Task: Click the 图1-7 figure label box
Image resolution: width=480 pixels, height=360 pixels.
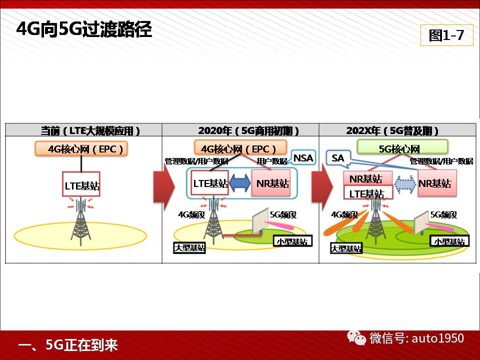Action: pyautogui.click(x=446, y=35)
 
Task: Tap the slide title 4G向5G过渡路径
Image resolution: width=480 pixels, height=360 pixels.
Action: pyautogui.click(x=84, y=29)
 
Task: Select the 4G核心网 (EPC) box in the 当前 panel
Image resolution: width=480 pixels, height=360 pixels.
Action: pyautogui.click(x=81, y=149)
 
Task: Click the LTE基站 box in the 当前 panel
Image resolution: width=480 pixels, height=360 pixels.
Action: pyautogui.click(x=81, y=184)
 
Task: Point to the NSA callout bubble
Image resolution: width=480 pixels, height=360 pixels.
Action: pyautogui.click(x=303, y=158)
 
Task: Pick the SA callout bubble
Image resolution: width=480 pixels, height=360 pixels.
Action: pyautogui.click(x=338, y=158)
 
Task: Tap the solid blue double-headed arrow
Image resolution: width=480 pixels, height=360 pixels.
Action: pyautogui.click(x=240, y=183)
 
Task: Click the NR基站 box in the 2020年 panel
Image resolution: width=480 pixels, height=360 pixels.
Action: pyautogui.click(x=270, y=183)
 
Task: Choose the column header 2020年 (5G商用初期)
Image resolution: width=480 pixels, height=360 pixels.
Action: pyautogui.click(x=248, y=130)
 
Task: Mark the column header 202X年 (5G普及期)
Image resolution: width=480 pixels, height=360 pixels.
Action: pyautogui.click(x=392, y=130)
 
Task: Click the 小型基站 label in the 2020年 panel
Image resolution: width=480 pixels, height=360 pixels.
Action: pyautogui.click(x=292, y=241)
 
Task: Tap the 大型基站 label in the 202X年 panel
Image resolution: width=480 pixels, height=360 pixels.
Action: pyautogui.click(x=346, y=248)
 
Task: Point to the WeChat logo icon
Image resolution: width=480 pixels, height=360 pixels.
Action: pyautogui.click(x=356, y=338)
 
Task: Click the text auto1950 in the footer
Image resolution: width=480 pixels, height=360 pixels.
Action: pyautogui.click(x=438, y=338)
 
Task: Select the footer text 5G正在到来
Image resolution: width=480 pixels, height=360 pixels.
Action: pyautogui.click(x=81, y=344)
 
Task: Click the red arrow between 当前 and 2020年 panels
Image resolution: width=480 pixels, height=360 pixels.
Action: pyautogui.click(x=164, y=187)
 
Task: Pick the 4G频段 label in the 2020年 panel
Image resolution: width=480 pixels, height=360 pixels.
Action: pyautogui.click(x=191, y=214)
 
